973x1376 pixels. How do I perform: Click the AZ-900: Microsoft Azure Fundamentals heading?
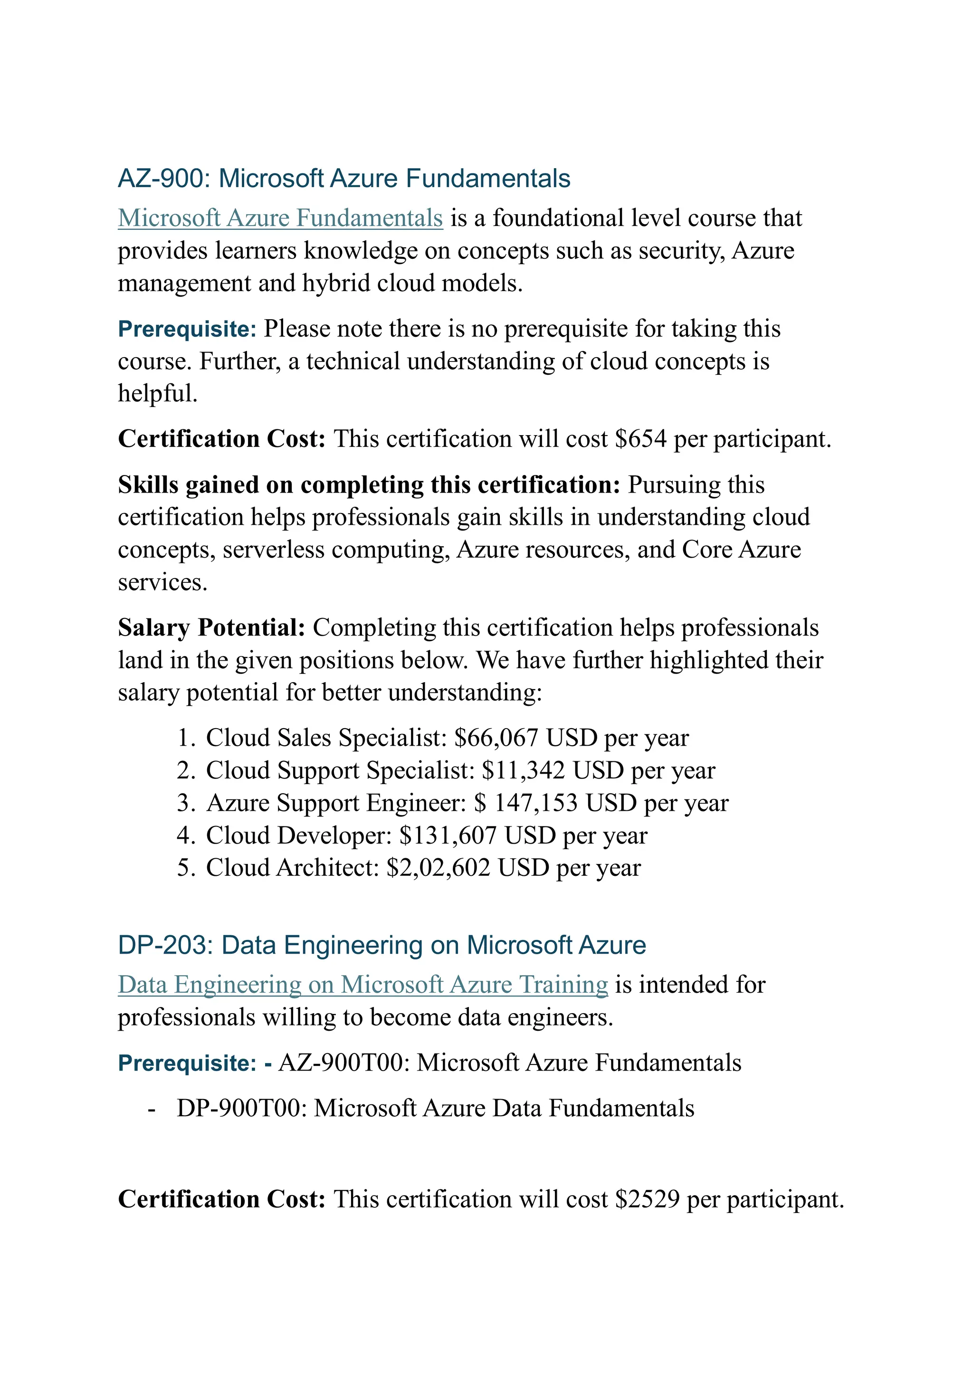point(343,179)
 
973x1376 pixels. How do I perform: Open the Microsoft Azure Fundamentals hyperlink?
point(280,218)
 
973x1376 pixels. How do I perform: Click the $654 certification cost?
point(640,439)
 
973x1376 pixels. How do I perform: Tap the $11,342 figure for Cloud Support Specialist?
point(523,770)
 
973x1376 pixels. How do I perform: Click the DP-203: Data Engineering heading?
point(382,945)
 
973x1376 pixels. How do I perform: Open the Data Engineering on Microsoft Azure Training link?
point(362,985)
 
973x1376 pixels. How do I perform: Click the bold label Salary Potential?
point(211,627)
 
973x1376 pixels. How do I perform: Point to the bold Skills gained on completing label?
point(368,485)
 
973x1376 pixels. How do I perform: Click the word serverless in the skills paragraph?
point(273,550)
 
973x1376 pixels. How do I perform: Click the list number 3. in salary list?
point(186,803)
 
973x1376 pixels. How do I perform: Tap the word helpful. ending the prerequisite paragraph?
point(158,394)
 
